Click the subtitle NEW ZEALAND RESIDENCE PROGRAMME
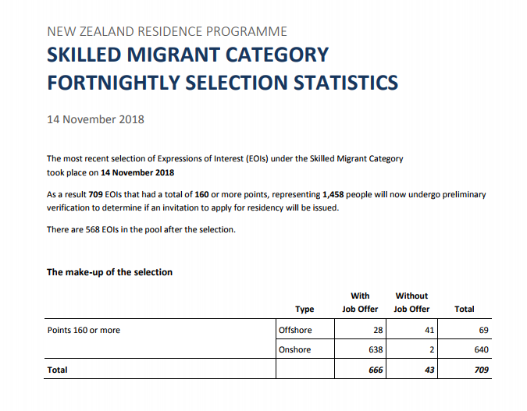pos(167,32)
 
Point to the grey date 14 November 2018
pos(95,120)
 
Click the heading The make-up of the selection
pos(109,272)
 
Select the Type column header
pos(304,309)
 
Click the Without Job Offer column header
pos(411,303)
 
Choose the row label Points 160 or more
pos(84,330)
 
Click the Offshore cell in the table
pos(295,330)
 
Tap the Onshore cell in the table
pos(295,350)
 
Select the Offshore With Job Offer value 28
pos(378,330)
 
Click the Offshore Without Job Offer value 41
pos(429,330)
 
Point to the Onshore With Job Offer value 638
pos(375,350)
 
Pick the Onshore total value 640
pos(481,350)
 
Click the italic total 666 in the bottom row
pos(375,370)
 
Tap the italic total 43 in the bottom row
pos(429,370)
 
